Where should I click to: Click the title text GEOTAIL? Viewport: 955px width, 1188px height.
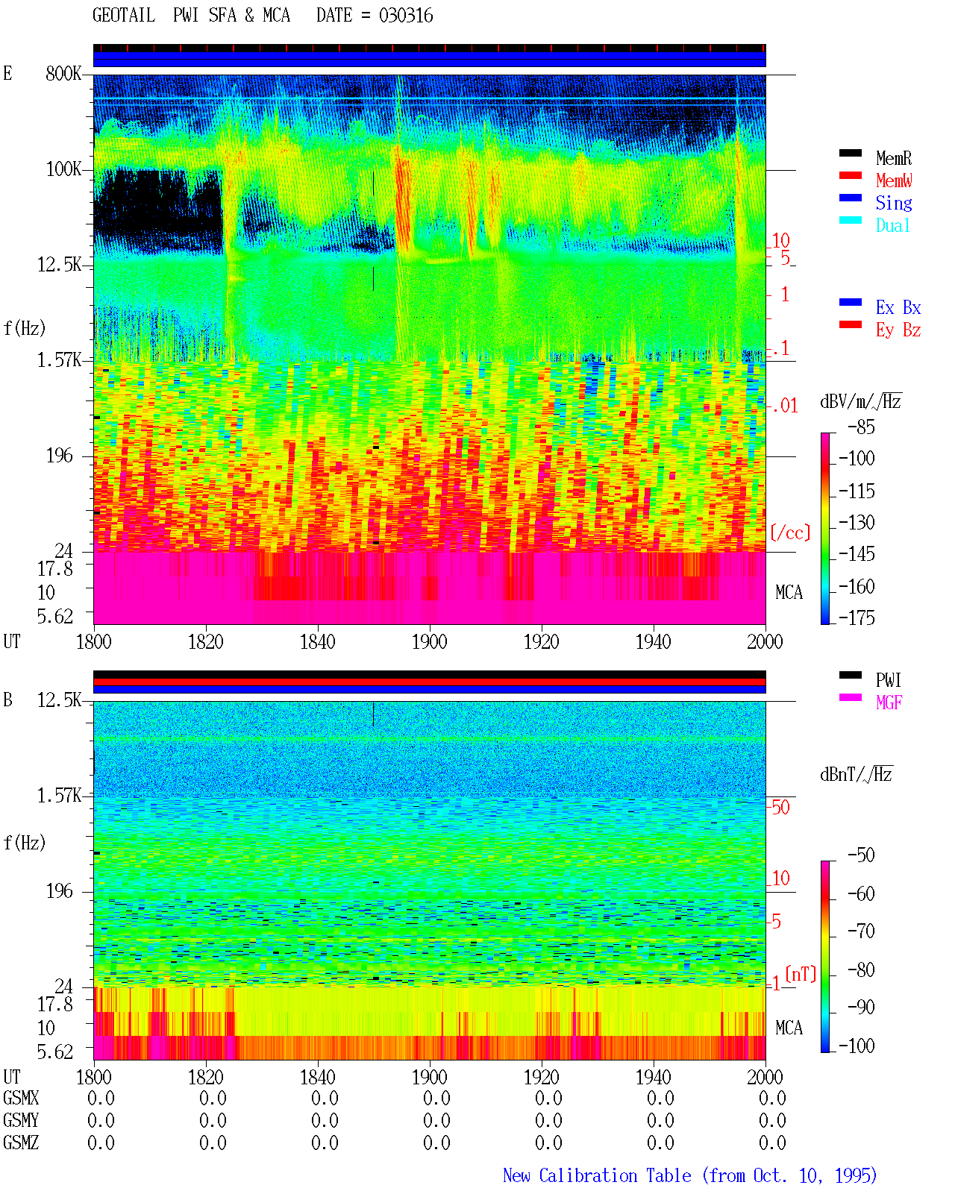click(x=124, y=16)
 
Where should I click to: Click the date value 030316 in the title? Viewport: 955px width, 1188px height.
click(x=406, y=16)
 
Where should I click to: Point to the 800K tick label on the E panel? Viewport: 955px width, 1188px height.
click(x=63, y=73)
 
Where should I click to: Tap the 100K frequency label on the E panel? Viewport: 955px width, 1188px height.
click(x=63, y=169)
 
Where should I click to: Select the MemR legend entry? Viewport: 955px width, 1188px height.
click(x=894, y=158)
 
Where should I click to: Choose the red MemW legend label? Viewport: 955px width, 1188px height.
click(x=894, y=180)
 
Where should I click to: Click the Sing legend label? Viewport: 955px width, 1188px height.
click(x=894, y=203)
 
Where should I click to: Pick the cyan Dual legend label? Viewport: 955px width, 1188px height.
click(x=893, y=225)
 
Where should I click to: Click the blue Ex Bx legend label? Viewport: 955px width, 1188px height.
click(x=898, y=307)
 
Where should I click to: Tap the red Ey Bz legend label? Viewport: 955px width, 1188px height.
click(x=898, y=330)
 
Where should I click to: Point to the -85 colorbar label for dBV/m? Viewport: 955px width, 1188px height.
click(x=861, y=427)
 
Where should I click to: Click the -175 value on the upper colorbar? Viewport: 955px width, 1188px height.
click(x=857, y=617)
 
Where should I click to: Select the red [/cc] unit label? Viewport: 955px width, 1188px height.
click(x=790, y=532)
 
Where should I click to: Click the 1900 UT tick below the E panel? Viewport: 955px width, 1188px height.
click(x=429, y=642)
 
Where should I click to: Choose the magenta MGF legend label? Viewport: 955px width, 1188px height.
click(x=889, y=703)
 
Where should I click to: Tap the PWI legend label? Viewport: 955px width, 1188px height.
click(x=889, y=680)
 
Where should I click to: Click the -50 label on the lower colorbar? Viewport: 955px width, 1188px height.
click(x=861, y=855)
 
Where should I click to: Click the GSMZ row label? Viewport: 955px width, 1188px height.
click(x=21, y=1143)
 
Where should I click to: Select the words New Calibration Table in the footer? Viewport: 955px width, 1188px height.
click(x=597, y=1175)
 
